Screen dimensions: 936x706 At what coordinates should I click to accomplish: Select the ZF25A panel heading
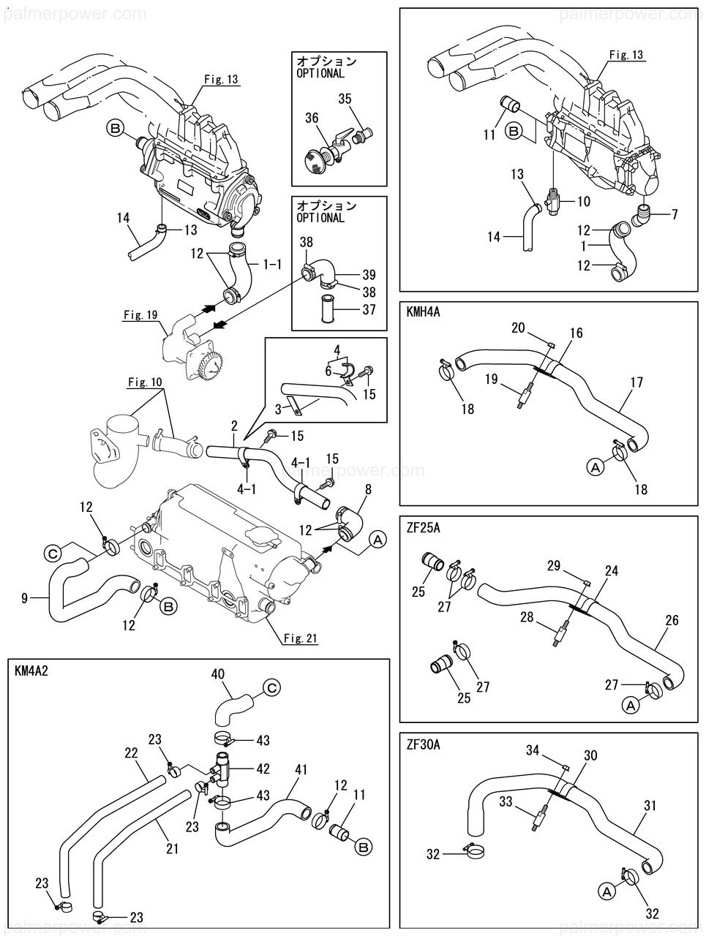pos(423,526)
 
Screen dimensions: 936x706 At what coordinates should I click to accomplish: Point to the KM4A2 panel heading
pos(31,671)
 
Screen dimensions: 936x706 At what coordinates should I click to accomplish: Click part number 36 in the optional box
pos(312,118)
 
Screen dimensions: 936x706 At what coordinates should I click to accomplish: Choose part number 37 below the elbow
pos(369,309)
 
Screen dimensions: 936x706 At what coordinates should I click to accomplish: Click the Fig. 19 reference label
pos(141,316)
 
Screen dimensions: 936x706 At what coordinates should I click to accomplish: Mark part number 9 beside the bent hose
pos(25,599)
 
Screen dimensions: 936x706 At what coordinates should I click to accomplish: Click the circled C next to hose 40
pos(271,687)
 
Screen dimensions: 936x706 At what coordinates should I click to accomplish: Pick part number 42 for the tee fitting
pos(263,769)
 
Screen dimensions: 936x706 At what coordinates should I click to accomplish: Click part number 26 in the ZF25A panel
pos(672,620)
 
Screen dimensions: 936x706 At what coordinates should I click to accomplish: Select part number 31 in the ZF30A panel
pos(650,806)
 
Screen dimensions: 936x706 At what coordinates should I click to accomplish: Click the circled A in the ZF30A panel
pos(606,891)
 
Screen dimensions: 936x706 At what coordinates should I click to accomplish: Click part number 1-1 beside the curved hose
pos(272,263)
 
